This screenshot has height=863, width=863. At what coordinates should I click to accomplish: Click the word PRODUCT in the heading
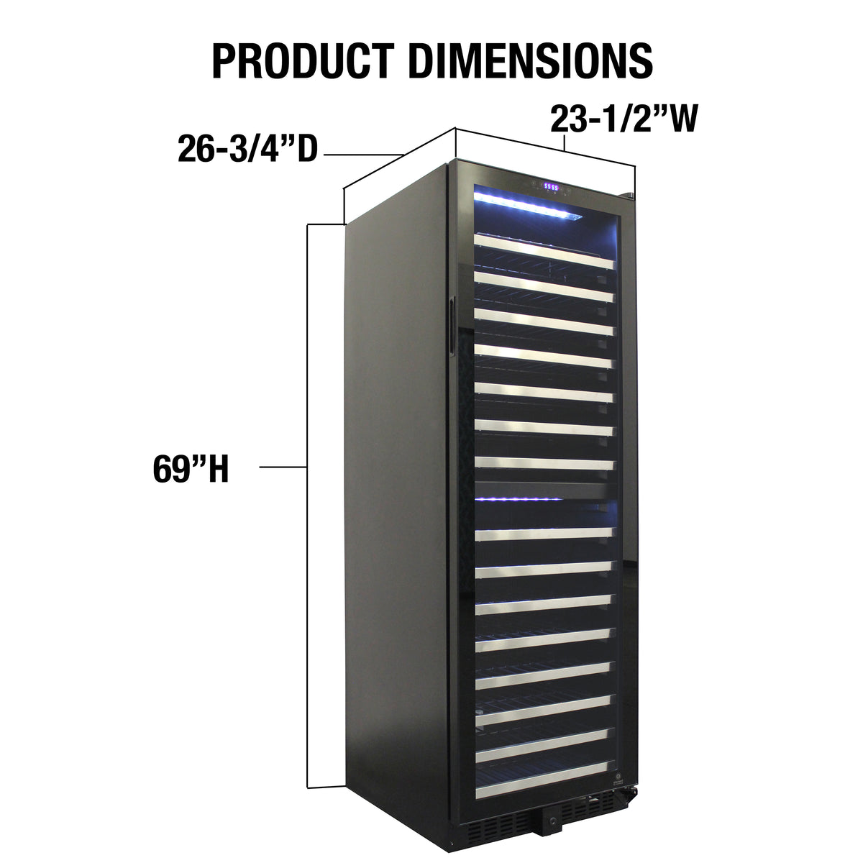tap(302, 61)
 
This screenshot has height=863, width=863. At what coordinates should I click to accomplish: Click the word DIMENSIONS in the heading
tap(531, 61)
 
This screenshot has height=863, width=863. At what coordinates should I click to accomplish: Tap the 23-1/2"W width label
tap(624, 119)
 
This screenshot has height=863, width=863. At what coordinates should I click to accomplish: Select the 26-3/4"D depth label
tap(247, 149)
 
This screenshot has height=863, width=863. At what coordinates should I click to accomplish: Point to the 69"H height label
tap(191, 469)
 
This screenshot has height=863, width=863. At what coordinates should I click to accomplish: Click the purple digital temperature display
tap(551, 188)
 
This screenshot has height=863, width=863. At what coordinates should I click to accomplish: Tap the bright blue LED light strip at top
tap(528, 206)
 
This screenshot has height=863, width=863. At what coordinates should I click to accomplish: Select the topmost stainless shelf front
tap(544, 252)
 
